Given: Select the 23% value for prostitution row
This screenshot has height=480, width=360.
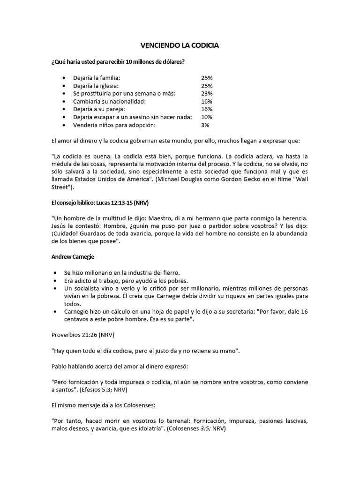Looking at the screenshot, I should click(x=206, y=94).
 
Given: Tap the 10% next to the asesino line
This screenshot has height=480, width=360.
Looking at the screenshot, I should click(x=206, y=117).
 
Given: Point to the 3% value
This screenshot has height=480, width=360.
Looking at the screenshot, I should click(x=205, y=125).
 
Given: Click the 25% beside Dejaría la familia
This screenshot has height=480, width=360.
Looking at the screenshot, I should click(x=206, y=78).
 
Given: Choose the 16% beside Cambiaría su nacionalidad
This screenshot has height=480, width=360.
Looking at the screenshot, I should click(x=206, y=101).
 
